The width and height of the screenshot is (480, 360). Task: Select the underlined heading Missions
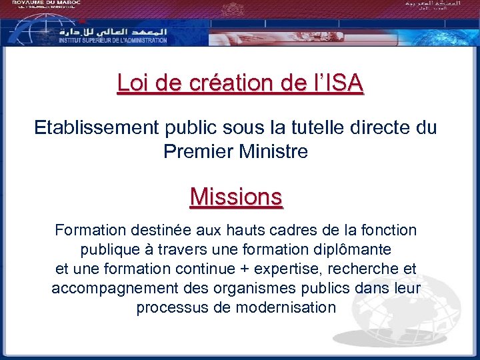[x=236, y=197]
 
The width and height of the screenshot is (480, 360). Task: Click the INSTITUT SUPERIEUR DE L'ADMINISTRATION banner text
[x=113, y=41]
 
